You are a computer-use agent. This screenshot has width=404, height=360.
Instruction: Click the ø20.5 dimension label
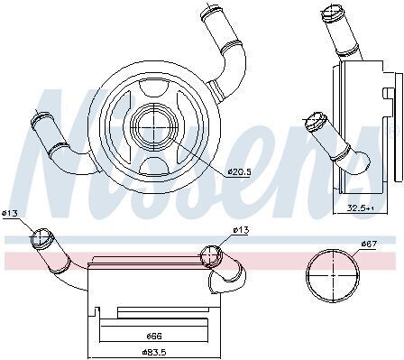pyautogui.click(x=239, y=172)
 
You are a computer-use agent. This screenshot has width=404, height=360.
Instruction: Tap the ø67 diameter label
pyautogui.click(x=369, y=243)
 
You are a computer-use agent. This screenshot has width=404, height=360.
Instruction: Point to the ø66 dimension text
pyautogui.click(x=154, y=336)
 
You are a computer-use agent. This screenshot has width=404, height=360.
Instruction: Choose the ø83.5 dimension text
pyautogui.click(x=154, y=352)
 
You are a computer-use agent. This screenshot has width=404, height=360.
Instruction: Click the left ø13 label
pyautogui.click(x=10, y=213)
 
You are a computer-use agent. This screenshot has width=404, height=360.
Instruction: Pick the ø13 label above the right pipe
pyautogui.click(x=241, y=230)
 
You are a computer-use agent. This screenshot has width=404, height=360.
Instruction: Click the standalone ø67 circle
pyautogui.click(x=333, y=275)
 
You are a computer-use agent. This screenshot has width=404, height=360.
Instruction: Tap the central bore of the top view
pyautogui.click(x=154, y=127)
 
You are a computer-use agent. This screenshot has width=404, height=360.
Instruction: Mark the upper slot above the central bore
pyautogui.click(x=154, y=88)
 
